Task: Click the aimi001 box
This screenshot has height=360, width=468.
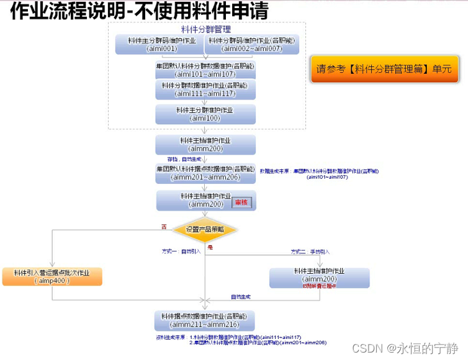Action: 160,45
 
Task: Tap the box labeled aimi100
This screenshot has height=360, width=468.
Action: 205,114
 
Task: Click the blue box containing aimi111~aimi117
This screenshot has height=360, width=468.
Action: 205,90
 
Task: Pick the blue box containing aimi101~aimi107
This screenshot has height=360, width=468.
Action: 205,69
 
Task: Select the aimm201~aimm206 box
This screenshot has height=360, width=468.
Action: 205,173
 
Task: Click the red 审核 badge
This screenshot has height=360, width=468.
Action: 243,203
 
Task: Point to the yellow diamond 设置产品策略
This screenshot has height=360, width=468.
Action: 205,229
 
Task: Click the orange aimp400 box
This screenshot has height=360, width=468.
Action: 52,277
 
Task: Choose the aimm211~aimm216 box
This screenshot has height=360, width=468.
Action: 205,320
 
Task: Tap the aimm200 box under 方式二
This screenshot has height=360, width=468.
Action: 320,277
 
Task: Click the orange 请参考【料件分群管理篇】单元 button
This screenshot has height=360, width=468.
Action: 385,70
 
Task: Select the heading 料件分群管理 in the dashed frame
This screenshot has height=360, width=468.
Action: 205,29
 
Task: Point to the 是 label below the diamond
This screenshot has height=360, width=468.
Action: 210,248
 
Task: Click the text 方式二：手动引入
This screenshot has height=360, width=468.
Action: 310,251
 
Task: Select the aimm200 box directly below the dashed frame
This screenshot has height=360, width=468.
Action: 205,145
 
